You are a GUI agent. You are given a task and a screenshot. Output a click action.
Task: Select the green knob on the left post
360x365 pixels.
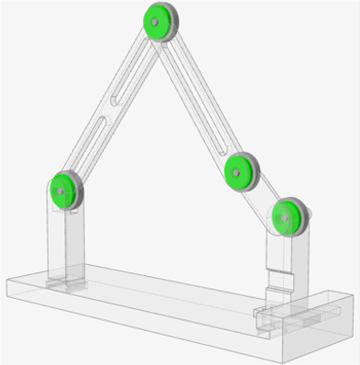click(63, 190)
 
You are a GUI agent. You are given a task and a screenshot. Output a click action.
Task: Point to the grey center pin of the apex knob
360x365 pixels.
click(157, 20)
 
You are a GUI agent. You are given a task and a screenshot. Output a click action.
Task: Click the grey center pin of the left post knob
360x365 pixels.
click(61, 191)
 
